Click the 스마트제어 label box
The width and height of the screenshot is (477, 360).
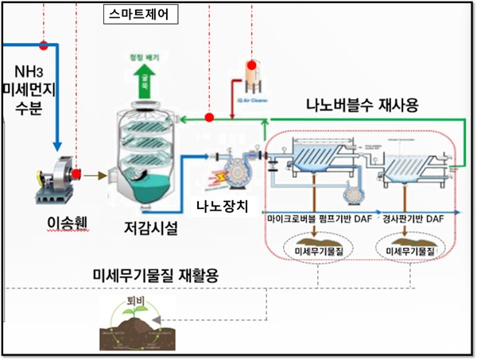[140, 14]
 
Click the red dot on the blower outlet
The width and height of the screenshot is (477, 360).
[77, 172]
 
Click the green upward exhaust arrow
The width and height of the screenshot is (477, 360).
[146, 76]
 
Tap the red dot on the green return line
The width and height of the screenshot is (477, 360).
[209, 118]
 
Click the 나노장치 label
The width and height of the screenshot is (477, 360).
[223, 209]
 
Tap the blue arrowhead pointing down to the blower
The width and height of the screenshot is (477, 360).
[58, 144]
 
